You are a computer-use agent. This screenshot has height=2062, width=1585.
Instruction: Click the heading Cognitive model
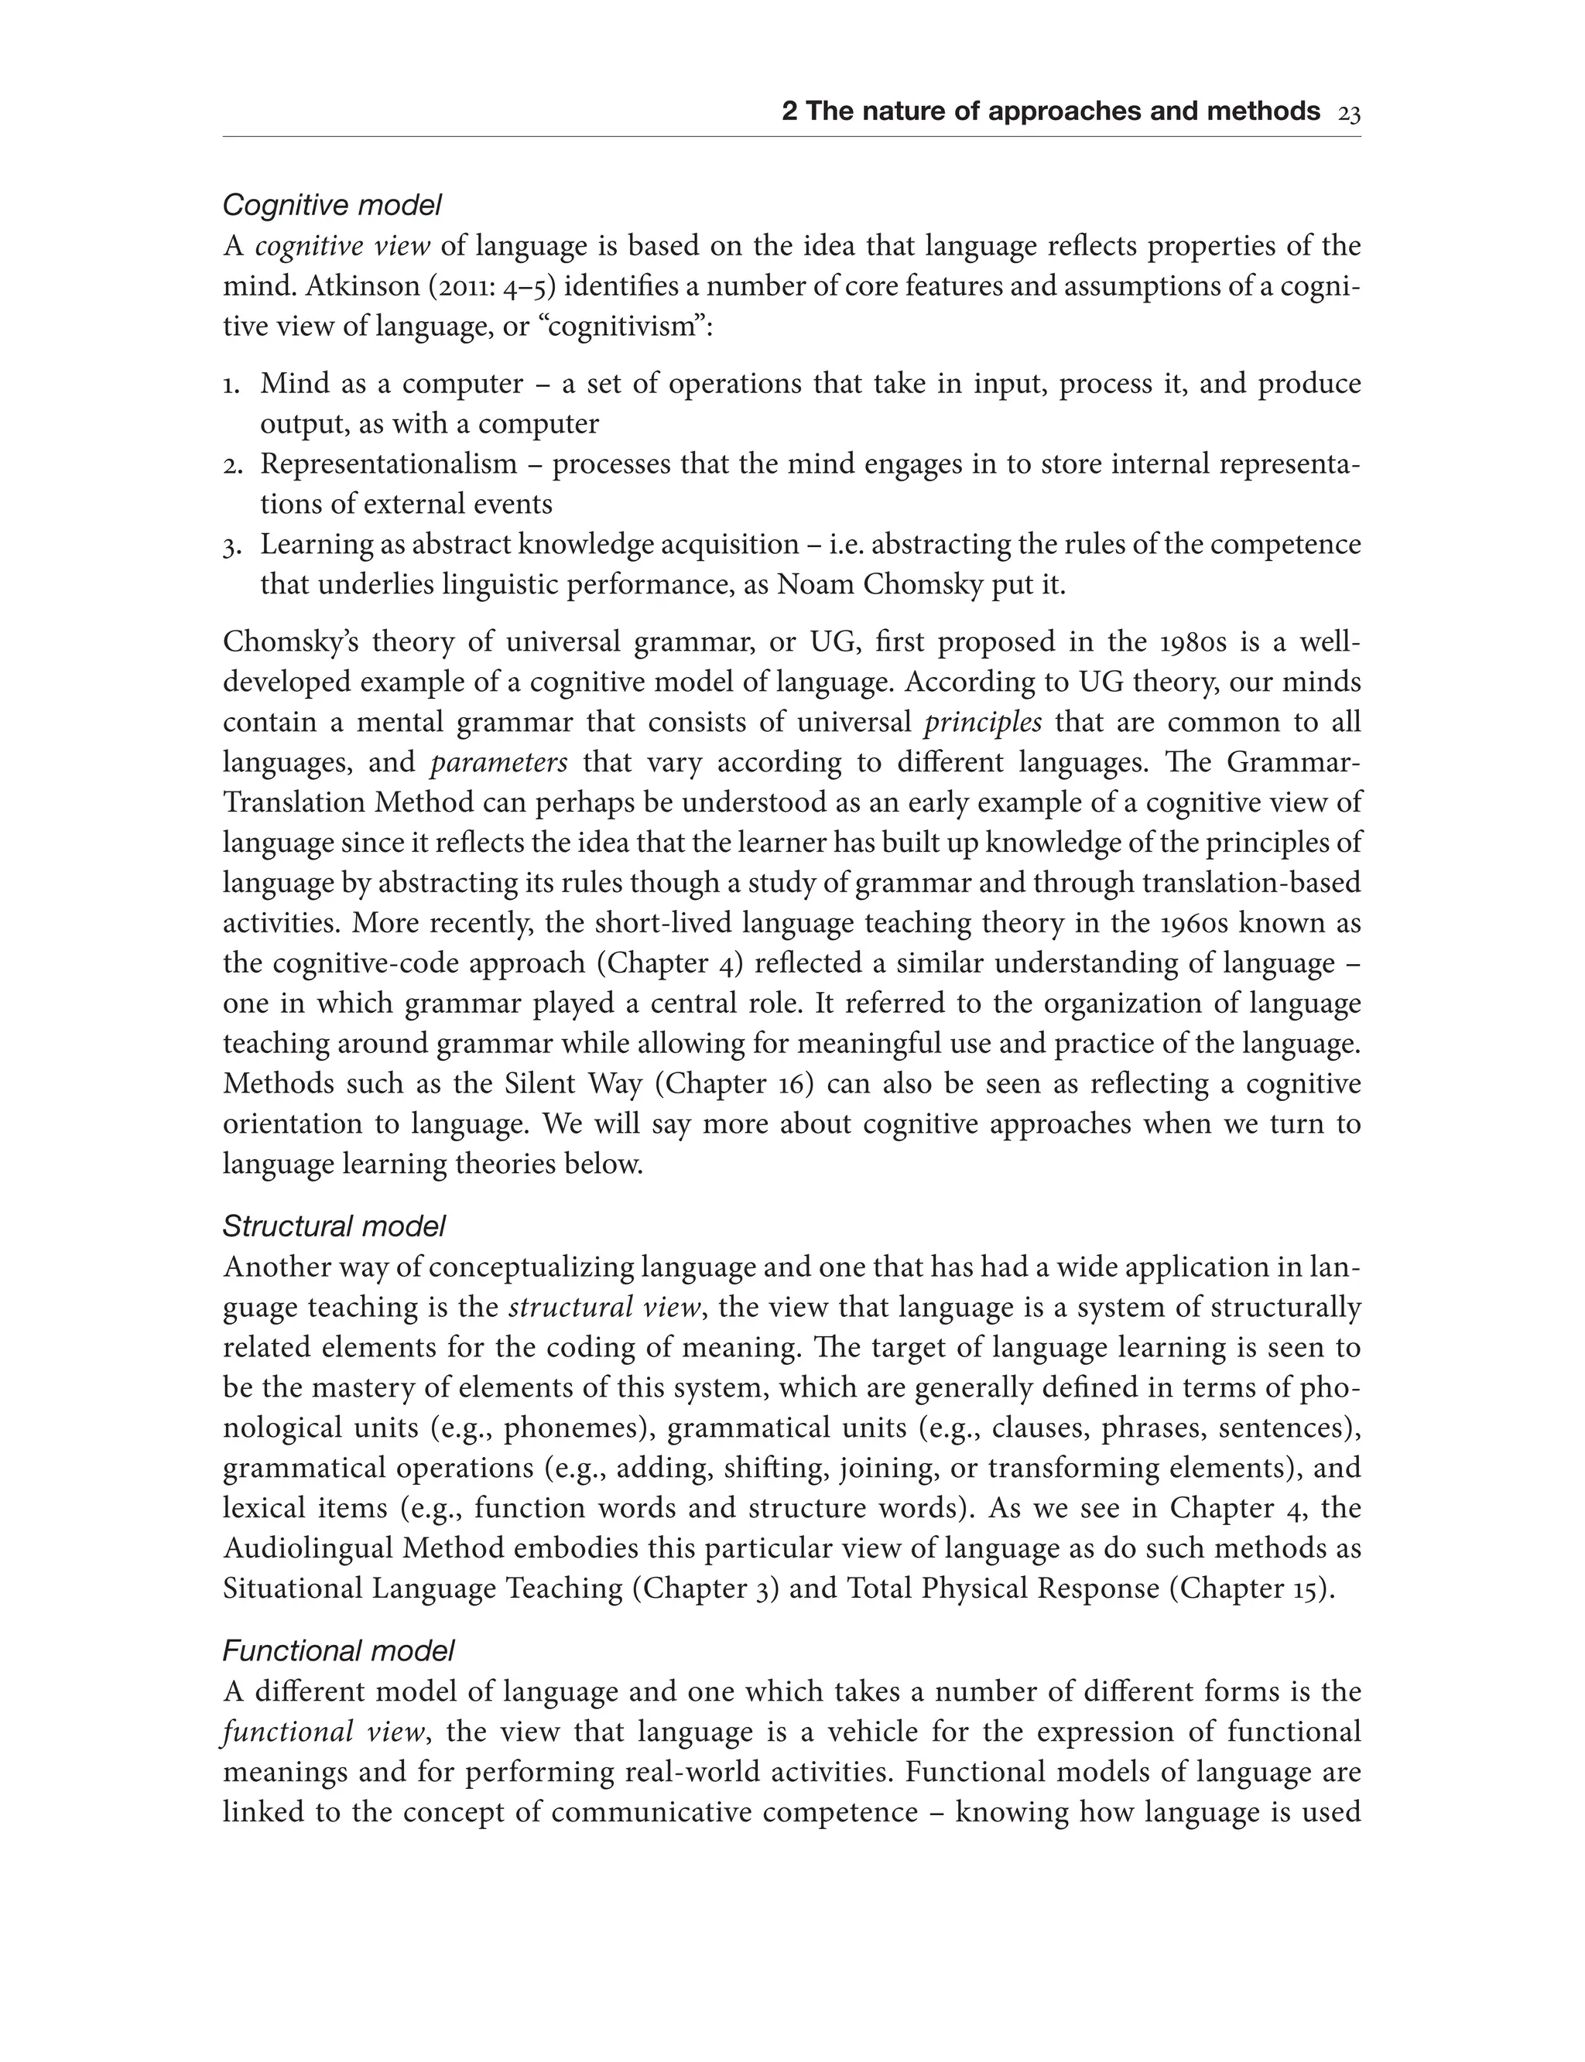(332, 205)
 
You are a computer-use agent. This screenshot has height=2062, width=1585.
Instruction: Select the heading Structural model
(334, 1226)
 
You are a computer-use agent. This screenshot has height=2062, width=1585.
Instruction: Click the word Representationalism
(389, 464)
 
